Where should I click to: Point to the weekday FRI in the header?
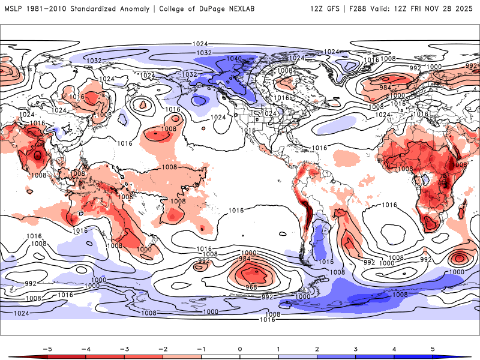422,9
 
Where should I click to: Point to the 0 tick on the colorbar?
239,348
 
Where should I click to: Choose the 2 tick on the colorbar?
317,348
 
